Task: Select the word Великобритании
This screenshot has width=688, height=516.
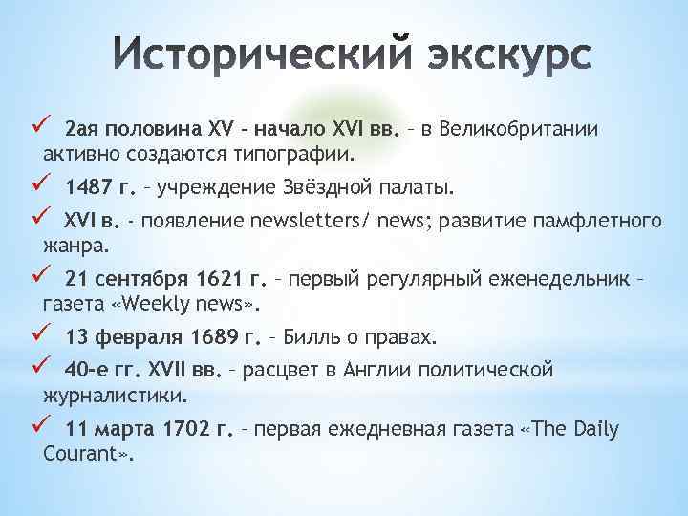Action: (546, 129)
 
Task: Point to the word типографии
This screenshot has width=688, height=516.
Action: (301, 153)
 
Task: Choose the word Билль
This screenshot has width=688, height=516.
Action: (308, 337)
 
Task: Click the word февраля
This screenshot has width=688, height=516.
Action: (138, 337)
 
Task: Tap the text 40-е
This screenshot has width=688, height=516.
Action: (86, 370)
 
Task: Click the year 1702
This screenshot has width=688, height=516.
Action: (195, 430)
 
